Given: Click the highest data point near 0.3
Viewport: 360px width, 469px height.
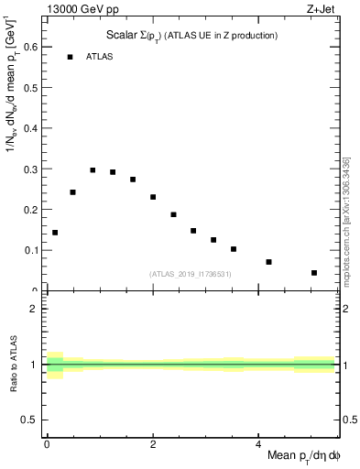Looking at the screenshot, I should [93, 170].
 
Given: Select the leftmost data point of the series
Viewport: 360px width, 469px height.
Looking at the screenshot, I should [55, 233].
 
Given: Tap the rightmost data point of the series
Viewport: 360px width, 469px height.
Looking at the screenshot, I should [313, 273].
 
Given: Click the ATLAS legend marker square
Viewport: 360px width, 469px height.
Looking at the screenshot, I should [70, 57].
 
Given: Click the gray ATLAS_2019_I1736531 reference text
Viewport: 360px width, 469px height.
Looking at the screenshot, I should [191, 274].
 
